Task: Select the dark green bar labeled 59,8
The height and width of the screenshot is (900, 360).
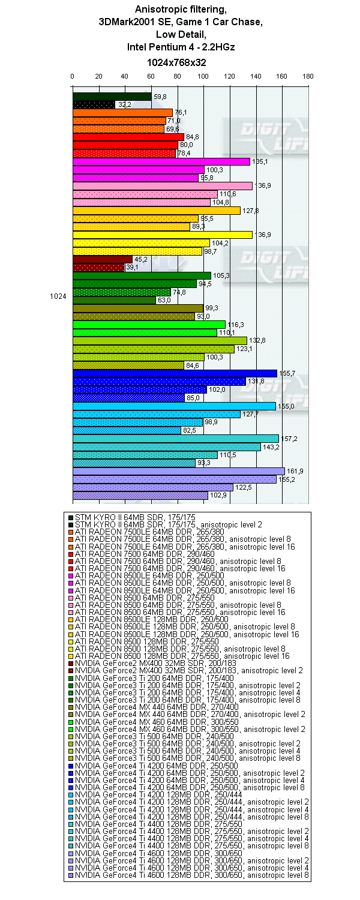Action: click(x=112, y=97)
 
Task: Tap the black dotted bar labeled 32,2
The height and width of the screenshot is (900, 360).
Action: click(x=94, y=104)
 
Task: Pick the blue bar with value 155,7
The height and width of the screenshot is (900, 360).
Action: click(x=175, y=373)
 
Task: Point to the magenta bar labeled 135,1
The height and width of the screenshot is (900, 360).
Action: click(x=161, y=161)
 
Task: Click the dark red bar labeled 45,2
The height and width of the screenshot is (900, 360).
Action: click(x=102, y=259)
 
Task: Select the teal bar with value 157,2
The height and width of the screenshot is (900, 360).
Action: click(x=175, y=439)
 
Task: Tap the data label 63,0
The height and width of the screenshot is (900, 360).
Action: click(x=163, y=300)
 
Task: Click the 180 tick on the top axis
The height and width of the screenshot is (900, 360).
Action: click(x=308, y=76)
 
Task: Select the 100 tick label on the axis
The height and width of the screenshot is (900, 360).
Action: click(x=203, y=76)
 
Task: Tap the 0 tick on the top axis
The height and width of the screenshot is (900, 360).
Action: click(x=73, y=76)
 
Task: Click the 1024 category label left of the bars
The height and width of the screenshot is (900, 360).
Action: click(x=58, y=296)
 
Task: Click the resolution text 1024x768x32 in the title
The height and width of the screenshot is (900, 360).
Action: click(x=177, y=62)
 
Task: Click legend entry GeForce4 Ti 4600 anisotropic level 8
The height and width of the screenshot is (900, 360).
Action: click(x=192, y=875)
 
